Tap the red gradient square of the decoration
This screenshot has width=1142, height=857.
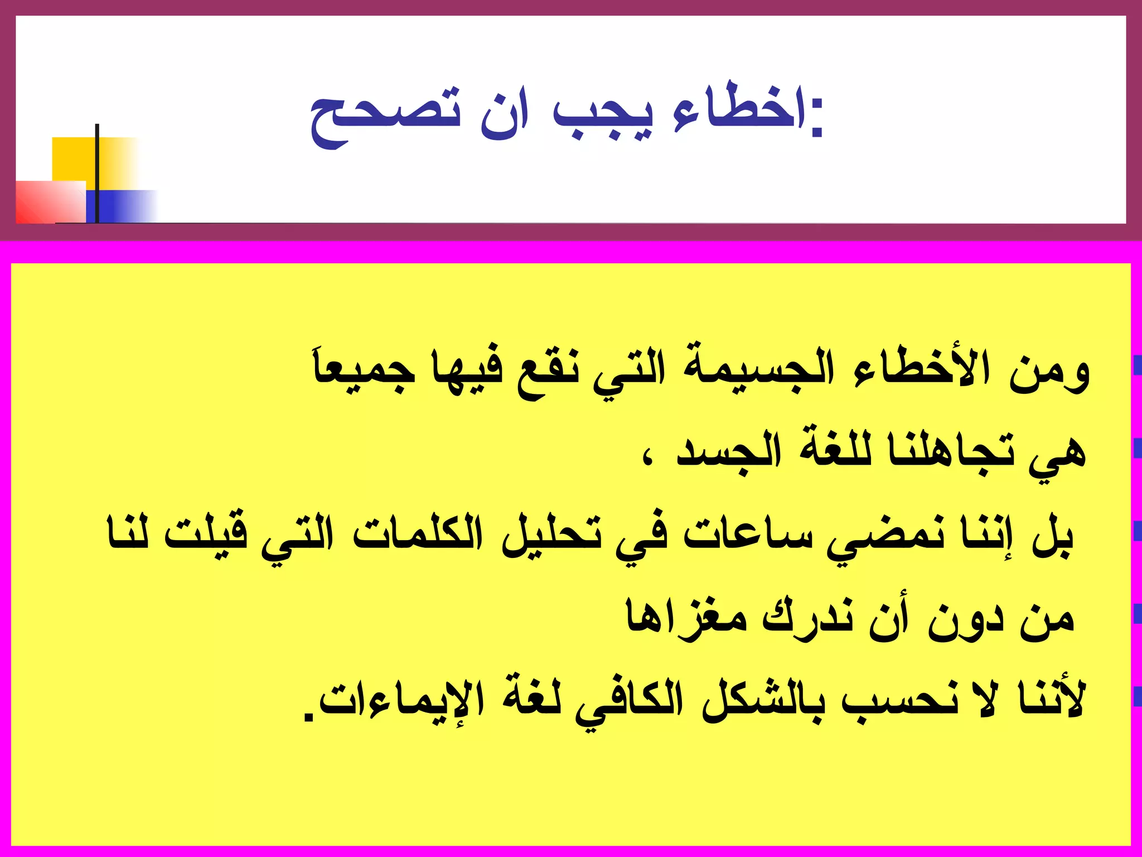[x=50, y=202]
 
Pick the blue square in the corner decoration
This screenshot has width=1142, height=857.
[x=120, y=206]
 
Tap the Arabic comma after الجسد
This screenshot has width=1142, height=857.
[x=647, y=461]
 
